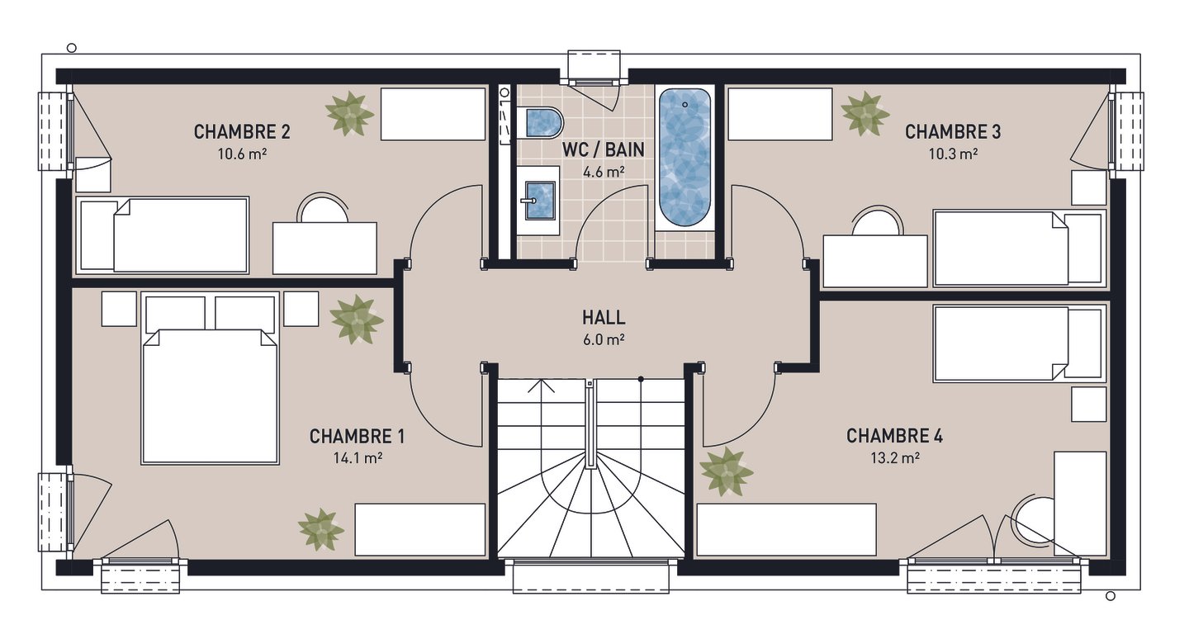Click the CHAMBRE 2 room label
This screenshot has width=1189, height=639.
point(242,131)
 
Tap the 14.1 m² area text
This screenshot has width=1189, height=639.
point(358,457)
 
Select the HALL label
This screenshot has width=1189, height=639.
point(604,317)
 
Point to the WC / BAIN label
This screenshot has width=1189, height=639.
point(603,149)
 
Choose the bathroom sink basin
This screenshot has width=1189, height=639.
point(540,200)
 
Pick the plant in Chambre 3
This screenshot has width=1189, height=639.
point(865,113)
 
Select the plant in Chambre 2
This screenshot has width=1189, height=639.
point(349,113)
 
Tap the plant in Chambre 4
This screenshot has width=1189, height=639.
point(726,472)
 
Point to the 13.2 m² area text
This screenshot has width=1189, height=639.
point(895,457)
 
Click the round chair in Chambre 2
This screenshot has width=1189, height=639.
point(323,207)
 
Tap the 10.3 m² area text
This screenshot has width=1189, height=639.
point(953,154)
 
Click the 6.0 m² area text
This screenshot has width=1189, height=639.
point(604,339)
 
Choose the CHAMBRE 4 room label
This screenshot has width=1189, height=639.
point(895,436)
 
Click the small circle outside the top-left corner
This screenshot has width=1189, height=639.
point(72,48)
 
